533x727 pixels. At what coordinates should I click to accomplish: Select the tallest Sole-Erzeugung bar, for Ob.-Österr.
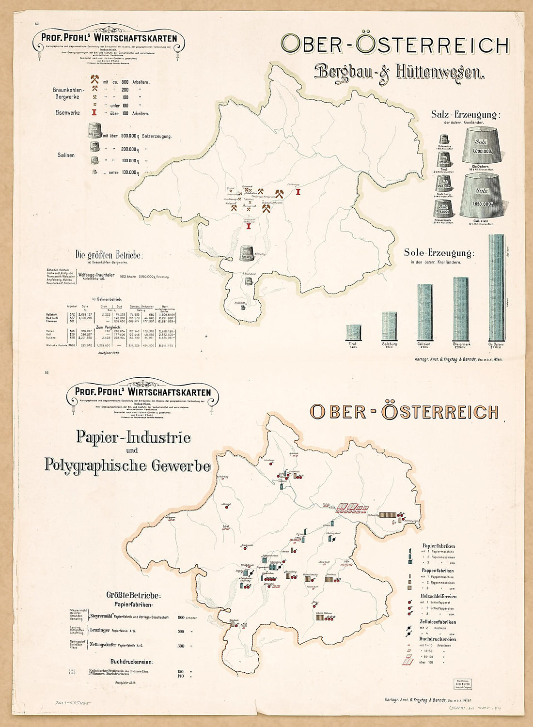pyautogui.click(x=496, y=288)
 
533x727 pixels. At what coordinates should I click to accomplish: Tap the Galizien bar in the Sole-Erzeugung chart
pyautogui.click(x=424, y=312)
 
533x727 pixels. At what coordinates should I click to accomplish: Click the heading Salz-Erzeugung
pyautogui.click(x=465, y=115)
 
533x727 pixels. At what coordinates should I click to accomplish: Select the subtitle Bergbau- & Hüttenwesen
pyautogui.click(x=400, y=72)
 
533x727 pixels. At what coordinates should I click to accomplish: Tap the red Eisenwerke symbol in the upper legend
pyautogui.click(x=95, y=113)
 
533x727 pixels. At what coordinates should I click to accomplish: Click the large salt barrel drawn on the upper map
pyautogui.click(x=248, y=253)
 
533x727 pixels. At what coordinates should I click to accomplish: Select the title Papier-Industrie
pyautogui.click(x=133, y=437)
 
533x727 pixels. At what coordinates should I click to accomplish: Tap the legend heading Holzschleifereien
pyautogui.click(x=439, y=596)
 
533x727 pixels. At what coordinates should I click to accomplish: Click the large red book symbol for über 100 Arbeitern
pyautogui.click(x=407, y=662)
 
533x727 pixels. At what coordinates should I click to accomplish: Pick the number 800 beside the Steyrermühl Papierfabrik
pyautogui.click(x=181, y=618)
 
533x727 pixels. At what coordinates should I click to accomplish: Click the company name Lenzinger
pyautogui.click(x=100, y=631)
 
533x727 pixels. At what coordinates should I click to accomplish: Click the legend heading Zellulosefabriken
pyautogui.click(x=438, y=622)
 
